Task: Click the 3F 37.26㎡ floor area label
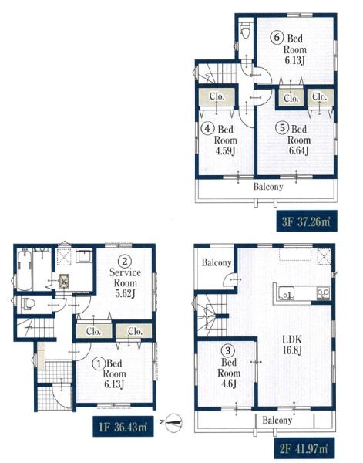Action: [307, 221]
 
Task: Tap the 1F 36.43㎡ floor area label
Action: [123, 427]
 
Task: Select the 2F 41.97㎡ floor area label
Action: [304, 448]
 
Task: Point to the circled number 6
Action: [277, 38]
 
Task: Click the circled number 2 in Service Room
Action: [125, 262]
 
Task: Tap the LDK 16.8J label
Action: [292, 345]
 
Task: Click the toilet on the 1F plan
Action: [29, 304]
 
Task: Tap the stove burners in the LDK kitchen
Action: [323, 293]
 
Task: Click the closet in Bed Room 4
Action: [217, 96]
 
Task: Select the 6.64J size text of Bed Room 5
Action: [299, 151]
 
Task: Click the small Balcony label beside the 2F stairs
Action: [217, 263]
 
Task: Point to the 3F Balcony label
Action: [268, 187]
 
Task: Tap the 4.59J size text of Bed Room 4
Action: [225, 151]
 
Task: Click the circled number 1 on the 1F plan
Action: [99, 363]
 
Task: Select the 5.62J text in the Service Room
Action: [125, 294]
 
